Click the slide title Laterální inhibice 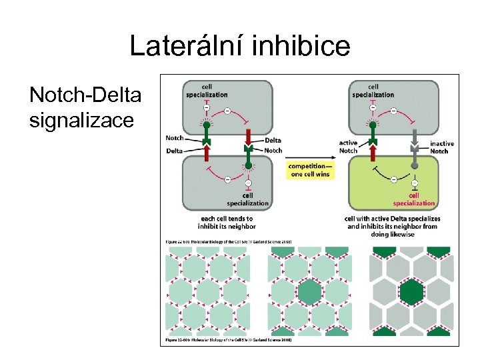pyautogui.click(x=239, y=46)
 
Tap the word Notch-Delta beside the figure pyautogui.click(x=85, y=96)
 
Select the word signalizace pyautogui.click(x=81, y=121)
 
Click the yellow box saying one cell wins pyautogui.click(x=309, y=170)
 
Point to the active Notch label pyautogui.click(x=348, y=147)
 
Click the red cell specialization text pyautogui.click(x=414, y=199)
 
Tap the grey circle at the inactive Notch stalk pyautogui.click(x=414, y=164)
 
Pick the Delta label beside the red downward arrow pyautogui.click(x=272, y=140)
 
